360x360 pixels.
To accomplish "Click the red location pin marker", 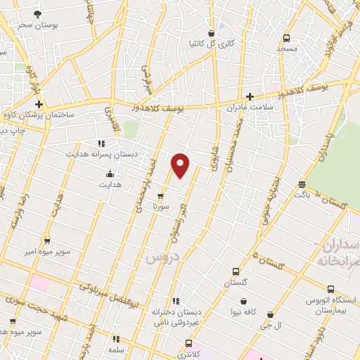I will pos(181,165).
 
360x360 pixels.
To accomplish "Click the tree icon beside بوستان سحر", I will pos(37,13).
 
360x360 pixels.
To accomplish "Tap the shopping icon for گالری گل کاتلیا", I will pos(210,33).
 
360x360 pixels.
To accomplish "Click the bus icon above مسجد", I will pos(286,38).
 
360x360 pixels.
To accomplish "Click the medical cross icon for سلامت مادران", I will pos(249,96).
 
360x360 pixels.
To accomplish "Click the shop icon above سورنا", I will pos(161,197).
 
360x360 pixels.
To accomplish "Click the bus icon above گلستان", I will pos(236,271).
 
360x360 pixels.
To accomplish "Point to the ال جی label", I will pos(271,326).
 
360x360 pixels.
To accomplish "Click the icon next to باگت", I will pos(302,184).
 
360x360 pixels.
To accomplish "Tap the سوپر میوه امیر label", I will pos(47,251).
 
